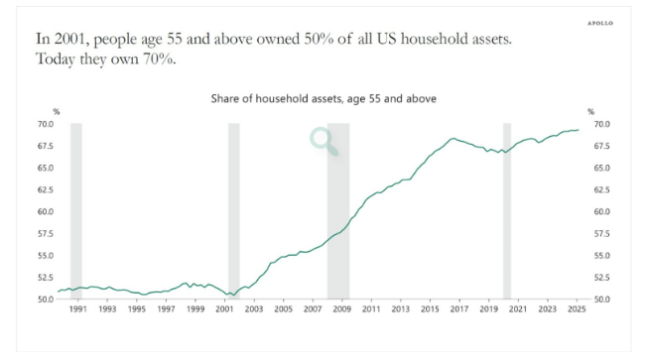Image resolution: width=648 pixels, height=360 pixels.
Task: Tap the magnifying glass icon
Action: pyautogui.click(x=324, y=142)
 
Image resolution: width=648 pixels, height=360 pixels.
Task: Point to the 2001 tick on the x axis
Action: pyautogui.click(x=225, y=308)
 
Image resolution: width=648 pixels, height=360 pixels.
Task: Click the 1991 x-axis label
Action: pyautogui.click(x=78, y=308)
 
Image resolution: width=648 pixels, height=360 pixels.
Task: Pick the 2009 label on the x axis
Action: pyautogui.click(x=342, y=308)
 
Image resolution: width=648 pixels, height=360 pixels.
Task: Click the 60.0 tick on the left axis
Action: pyautogui.click(x=45, y=211)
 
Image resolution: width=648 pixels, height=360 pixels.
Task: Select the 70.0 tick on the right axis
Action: pyautogui.click(x=601, y=124)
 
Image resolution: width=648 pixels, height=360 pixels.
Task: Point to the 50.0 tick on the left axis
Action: pyautogui.click(x=45, y=299)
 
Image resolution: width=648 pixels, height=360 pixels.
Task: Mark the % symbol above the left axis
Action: pyautogui.click(x=56, y=111)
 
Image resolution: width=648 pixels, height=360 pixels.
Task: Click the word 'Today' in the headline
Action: pyautogui.click(x=58, y=60)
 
